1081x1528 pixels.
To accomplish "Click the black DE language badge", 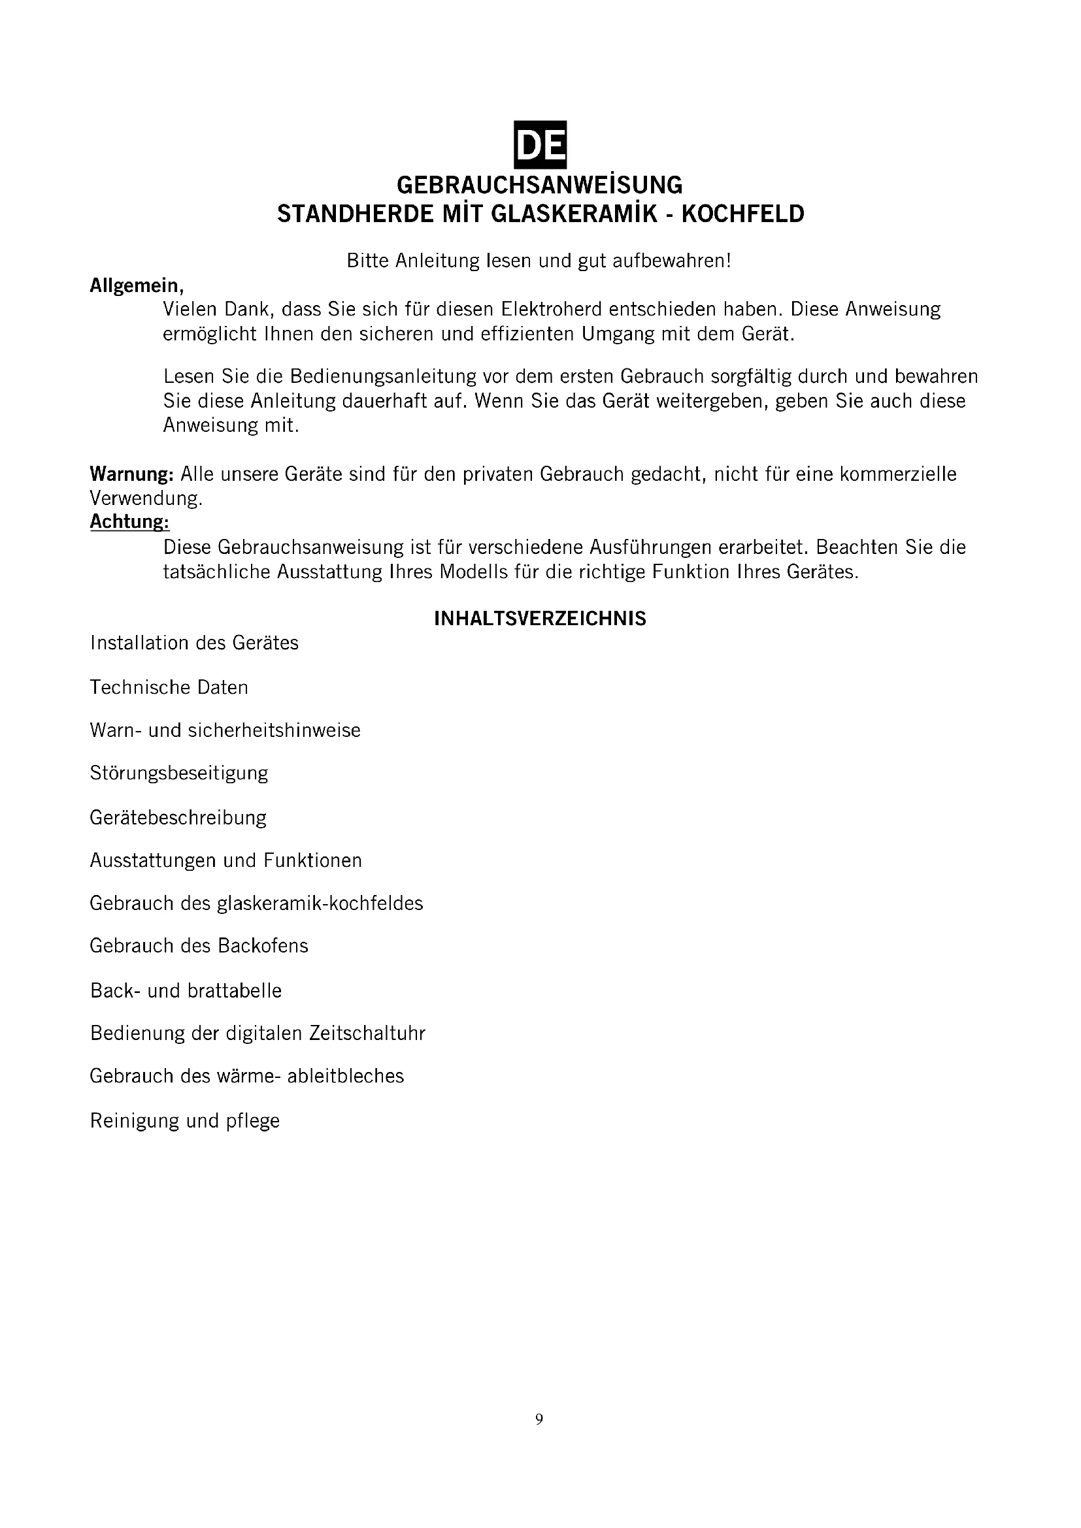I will pyautogui.click(x=540, y=144).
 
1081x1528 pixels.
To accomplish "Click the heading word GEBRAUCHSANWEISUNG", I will pyautogui.click(x=540, y=184).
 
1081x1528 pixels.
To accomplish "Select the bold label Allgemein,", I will pyautogui.click(x=137, y=285).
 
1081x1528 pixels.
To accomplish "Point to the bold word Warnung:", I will pyautogui.click(x=132, y=474).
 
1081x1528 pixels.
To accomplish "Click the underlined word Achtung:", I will pyautogui.click(x=130, y=522).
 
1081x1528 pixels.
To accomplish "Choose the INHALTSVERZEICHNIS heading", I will pyautogui.click(x=540, y=619).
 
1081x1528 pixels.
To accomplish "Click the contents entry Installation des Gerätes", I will pyautogui.click(x=194, y=643).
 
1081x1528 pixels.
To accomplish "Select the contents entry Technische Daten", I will pyautogui.click(x=169, y=687).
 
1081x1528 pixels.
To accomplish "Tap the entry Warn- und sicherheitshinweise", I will pyautogui.click(x=225, y=730).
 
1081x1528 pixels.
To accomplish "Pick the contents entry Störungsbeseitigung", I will pyautogui.click(x=179, y=773).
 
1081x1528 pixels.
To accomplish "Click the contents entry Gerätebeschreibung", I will pyautogui.click(x=178, y=817).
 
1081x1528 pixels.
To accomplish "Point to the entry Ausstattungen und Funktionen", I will pyautogui.click(x=225, y=860).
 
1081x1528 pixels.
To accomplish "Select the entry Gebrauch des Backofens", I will pyautogui.click(x=199, y=946).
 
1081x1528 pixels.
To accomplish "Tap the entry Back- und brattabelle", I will pyautogui.click(x=186, y=991).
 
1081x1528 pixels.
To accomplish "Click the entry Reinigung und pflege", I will pyautogui.click(x=185, y=1121).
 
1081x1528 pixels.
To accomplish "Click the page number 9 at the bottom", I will pyautogui.click(x=539, y=1419).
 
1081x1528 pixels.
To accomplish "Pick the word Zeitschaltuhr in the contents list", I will pyautogui.click(x=367, y=1033).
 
